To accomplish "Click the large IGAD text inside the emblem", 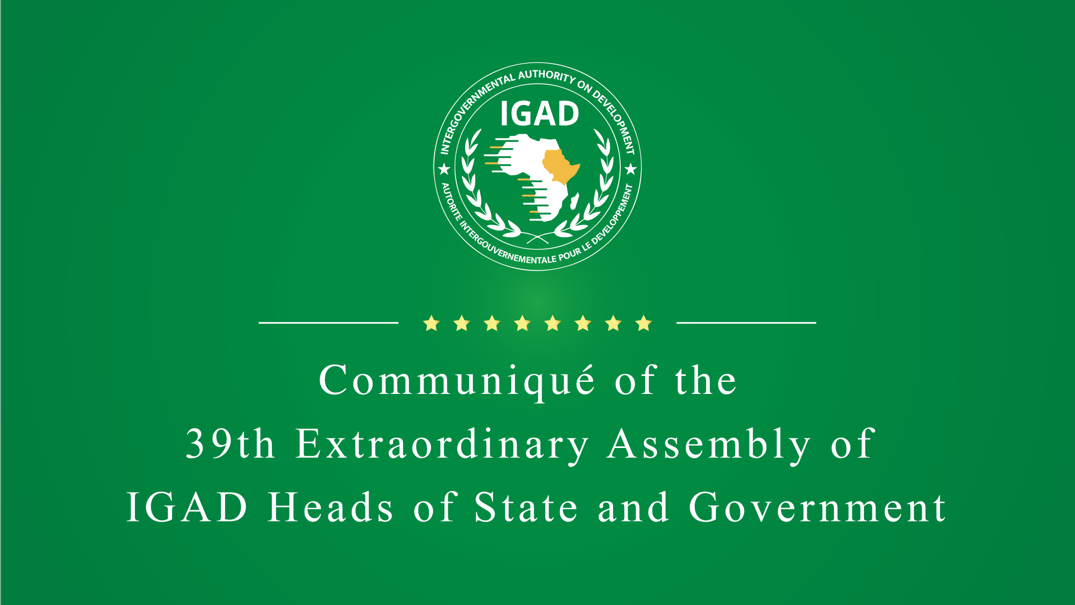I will [x=539, y=114].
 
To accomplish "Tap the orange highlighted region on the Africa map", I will [x=558, y=165].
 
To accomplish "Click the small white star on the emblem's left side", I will [x=444, y=169].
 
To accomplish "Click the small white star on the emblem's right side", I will [x=631, y=169].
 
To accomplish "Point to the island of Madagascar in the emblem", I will [x=574, y=201].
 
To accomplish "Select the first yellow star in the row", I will [x=431, y=324].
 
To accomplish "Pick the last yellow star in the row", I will [x=644, y=324].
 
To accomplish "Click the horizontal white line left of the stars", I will [x=329, y=323].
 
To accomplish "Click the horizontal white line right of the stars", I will [x=746, y=323].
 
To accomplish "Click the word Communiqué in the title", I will [x=457, y=381].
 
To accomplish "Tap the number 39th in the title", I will [x=230, y=444].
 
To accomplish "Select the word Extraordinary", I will [x=442, y=445].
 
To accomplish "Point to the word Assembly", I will [x=709, y=445].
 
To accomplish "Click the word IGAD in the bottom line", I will [x=187, y=508].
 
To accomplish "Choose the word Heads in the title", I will [x=331, y=508].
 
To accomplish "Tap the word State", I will [x=526, y=508].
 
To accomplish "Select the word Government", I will [x=818, y=508].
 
